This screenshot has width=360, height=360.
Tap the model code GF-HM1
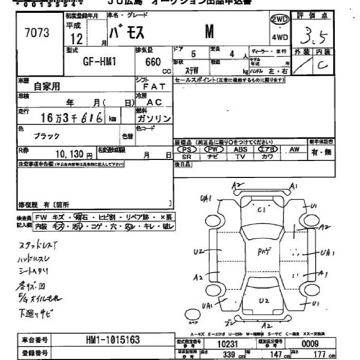tap(100, 61)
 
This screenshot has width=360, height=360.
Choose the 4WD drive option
tap(280, 37)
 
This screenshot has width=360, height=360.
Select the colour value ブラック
tap(47, 136)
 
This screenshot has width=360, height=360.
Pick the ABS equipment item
tap(240, 149)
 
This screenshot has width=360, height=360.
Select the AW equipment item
tap(294, 149)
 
